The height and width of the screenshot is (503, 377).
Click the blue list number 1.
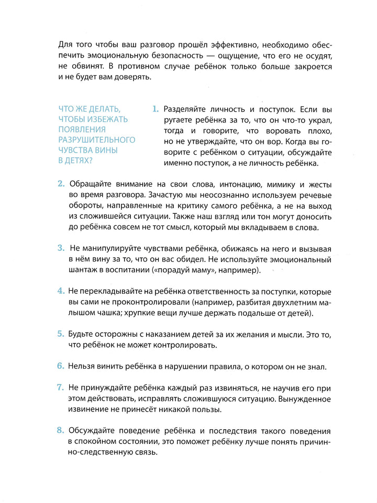(155, 110)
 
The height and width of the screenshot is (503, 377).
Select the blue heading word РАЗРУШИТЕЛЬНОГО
(97, 140)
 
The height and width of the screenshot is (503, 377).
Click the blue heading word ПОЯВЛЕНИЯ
(83, 129)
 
